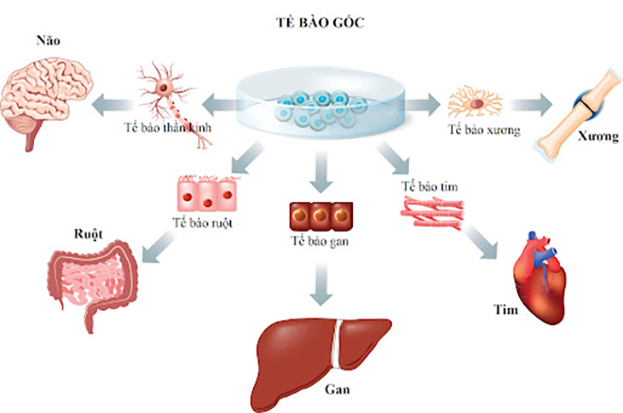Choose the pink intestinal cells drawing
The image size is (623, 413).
click(x=204, y=196)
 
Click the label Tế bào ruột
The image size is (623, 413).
click(x=203, y=224)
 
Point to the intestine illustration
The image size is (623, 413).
click(x=91, y=284)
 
